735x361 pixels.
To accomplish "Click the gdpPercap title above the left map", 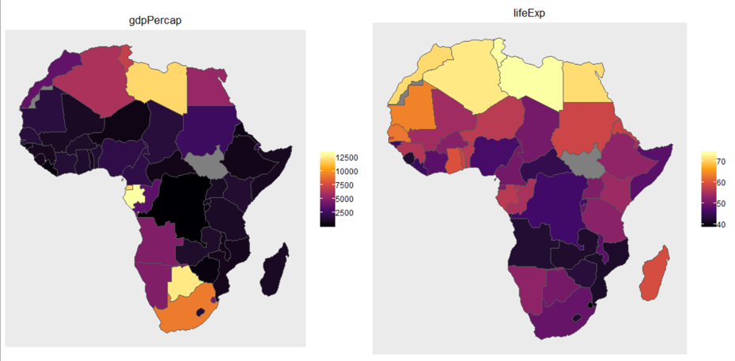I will [155, 21].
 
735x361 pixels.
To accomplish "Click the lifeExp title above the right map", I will [529, 12].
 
